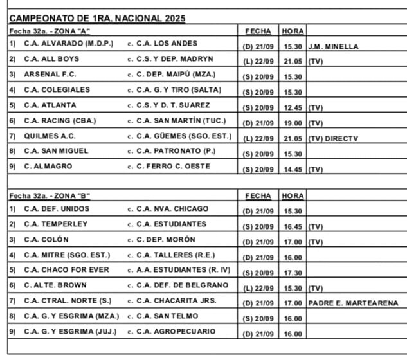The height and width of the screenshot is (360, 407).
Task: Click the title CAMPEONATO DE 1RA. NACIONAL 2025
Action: tap(98, 18)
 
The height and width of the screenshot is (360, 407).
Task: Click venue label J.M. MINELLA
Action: tap(333, 46)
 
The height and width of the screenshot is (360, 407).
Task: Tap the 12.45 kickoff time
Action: tap(293, 108)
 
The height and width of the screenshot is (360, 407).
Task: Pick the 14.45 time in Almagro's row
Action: tap(293, 170)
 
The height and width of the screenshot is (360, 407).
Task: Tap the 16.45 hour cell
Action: tap(293, 227)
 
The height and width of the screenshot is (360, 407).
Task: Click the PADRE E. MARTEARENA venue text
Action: tap(353, 303)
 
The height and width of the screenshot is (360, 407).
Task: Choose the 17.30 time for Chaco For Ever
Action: tap(293, 273)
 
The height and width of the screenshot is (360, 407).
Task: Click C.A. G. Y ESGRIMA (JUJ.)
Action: tap(68, 331)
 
